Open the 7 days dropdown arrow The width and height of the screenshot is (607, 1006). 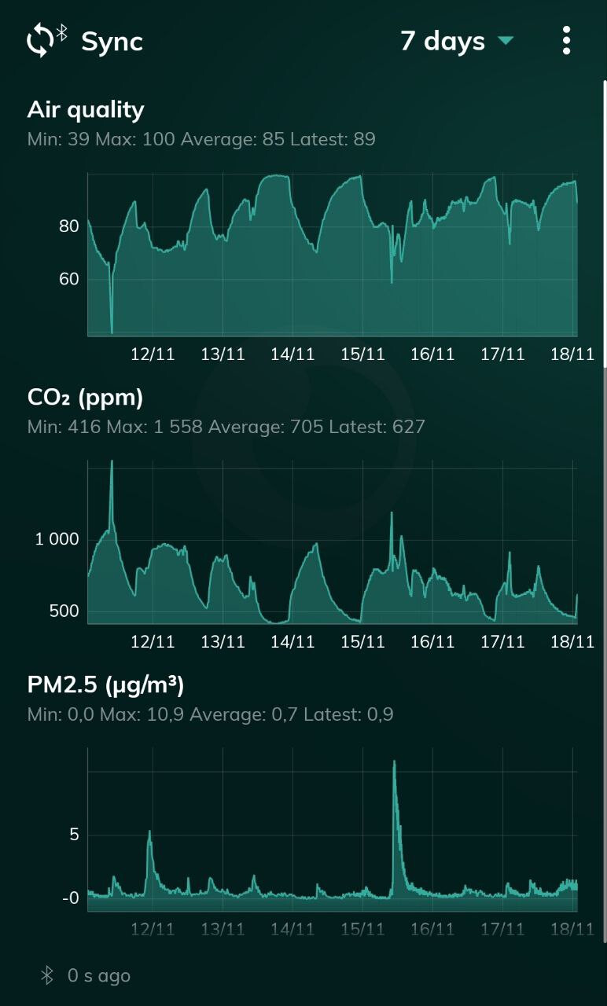coord(506,41)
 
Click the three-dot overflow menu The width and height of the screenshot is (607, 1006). coord(566,41)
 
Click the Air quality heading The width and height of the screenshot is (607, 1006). coord(86,110)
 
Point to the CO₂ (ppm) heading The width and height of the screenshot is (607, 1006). coord(85,398)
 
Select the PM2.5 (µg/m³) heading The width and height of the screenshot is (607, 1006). coord(105,685)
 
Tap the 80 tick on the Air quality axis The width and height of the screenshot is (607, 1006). coord(69,227)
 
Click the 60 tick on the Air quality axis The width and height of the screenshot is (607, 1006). coord(69,279)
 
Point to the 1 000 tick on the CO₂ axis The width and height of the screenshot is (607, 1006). coord(57,539)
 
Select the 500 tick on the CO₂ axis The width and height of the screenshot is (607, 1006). coord(64,611)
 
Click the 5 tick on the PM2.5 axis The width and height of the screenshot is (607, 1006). coord(75,835)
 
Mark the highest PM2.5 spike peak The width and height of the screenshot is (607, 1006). coord(394,762)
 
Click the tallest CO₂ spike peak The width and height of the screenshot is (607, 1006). coord(112,461)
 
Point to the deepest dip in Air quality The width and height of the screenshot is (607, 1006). coord(112,332)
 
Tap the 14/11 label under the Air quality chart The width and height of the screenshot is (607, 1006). coord(292,354)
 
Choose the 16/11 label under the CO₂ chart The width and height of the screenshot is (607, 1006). coord(432,642)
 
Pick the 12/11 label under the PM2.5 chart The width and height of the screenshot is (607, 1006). coord(153,930)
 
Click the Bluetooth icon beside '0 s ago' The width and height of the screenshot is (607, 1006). coord(47,976)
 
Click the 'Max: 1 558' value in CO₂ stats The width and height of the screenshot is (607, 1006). coord(166,428)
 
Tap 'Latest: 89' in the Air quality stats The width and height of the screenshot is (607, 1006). coord(333,140)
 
